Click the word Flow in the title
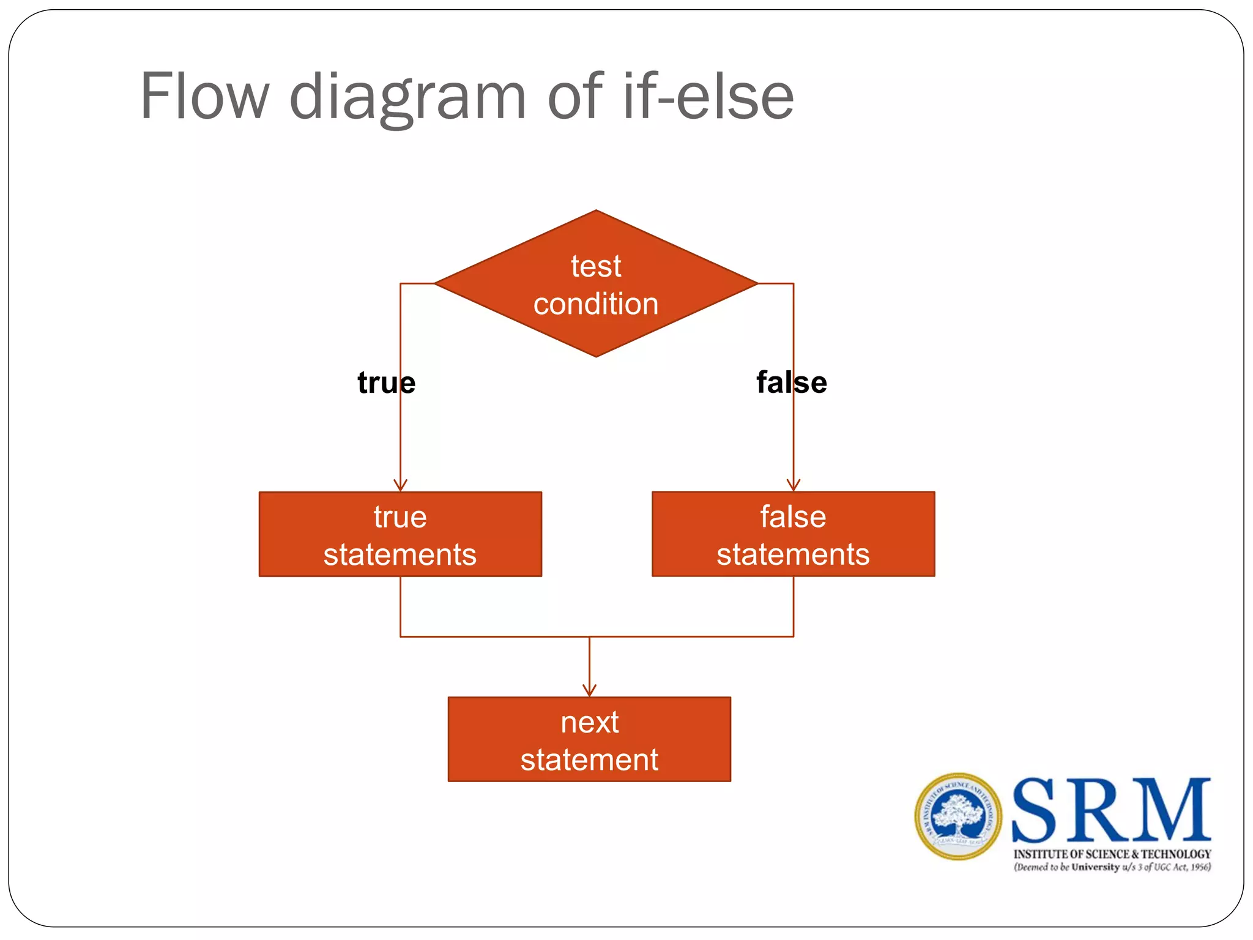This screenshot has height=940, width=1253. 204,96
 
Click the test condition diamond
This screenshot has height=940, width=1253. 595,283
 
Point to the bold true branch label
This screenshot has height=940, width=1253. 386,382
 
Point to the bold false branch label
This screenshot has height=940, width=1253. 791,382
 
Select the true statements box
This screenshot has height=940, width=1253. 400,534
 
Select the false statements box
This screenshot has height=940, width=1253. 793,534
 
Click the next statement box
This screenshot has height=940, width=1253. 589,739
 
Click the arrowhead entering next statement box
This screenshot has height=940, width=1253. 589,691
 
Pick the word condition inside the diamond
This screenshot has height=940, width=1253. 595,304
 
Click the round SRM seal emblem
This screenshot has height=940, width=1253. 958,816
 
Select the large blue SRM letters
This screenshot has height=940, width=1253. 1111,810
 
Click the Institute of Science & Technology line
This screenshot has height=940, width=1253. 1112,854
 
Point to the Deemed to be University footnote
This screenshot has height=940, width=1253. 1112,867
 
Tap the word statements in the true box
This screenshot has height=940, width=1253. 400,554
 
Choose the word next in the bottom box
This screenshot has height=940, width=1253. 589,722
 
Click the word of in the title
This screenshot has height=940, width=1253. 574,96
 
